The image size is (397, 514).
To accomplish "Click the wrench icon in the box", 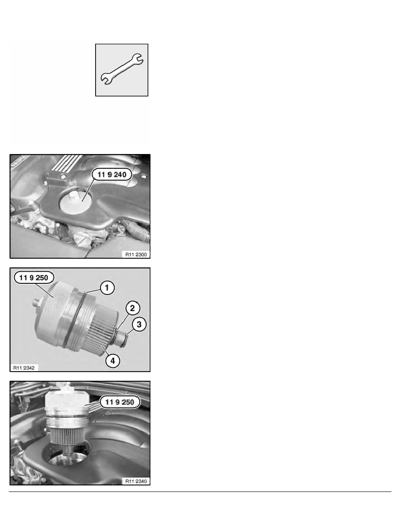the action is click(x=122, y=69).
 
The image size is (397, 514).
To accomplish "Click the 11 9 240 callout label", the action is click(x=112, y=175).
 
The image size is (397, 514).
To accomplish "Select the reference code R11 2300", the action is click(x=136, y=254).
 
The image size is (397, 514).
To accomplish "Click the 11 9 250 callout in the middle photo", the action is click(x=34, y=278).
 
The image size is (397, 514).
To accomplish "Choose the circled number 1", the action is click(x=107, y=288).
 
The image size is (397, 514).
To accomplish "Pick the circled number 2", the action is click(x=132, y=308).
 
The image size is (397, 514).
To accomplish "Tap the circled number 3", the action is click(x=139, y=324).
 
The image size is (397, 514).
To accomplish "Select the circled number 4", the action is click(x=113, y=361).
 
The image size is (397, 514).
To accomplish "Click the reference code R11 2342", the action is click(x=24, y=368).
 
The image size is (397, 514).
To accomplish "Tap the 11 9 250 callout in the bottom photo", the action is click(x=119, y=402).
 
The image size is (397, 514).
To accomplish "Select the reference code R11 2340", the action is click(x=136, y=481).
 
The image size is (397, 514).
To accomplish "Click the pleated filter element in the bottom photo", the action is click(x=68, y=436).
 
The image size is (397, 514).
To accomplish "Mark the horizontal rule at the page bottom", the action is click(x=200, y=492).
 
